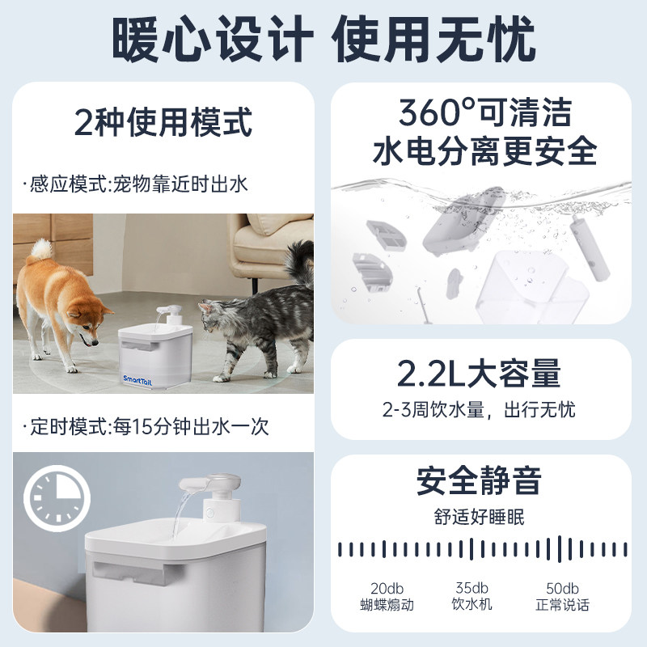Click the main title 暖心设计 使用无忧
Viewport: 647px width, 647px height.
coord(323,37)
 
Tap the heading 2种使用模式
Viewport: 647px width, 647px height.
coord(163,124)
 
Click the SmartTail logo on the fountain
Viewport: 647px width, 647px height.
coord(140,378)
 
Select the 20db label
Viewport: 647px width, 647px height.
coord(387,588)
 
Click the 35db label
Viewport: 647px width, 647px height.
coord(471,588)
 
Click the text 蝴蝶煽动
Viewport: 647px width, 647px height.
coord(387,605)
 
